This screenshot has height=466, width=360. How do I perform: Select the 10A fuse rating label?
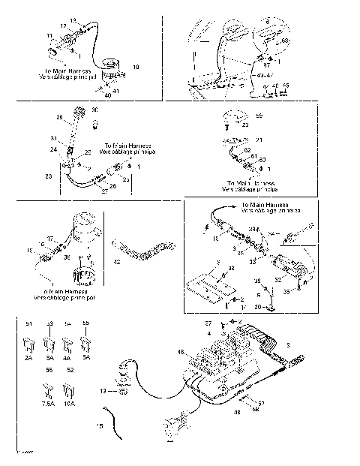point(70,403)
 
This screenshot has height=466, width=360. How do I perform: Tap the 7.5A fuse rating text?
point(48,403)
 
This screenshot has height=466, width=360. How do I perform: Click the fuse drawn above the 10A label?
point(70,390)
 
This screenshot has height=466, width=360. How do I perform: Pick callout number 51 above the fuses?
point(30,324)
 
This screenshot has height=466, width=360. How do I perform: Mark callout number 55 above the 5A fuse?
point(85,324)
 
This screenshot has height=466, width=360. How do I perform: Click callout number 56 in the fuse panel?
point(50,371)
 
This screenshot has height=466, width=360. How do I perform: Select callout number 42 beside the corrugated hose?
point(116,262)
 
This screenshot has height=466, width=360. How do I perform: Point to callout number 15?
point(98,425)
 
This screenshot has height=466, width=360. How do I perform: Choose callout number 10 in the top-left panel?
point(136,68)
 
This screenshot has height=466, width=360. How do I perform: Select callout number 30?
point(94,110)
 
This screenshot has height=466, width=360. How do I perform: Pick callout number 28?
point(59,118)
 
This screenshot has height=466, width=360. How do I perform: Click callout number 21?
point(260,140)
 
